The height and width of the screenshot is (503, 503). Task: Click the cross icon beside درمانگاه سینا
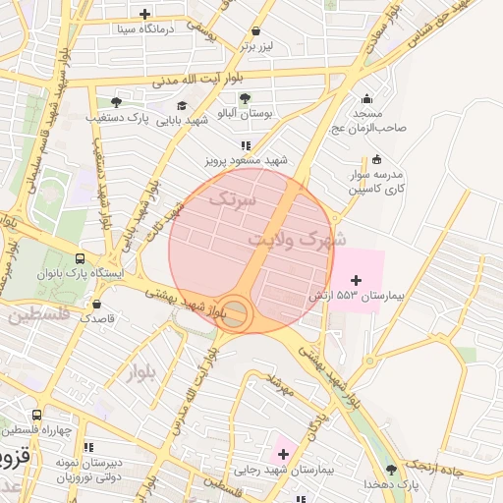(145, 14)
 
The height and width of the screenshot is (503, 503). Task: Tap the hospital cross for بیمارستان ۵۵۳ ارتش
(356, 281)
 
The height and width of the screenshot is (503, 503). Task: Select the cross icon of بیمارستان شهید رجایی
(284, 453)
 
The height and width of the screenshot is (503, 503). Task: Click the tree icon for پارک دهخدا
(392, 470)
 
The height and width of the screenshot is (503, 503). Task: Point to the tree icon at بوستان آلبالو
(245, 97)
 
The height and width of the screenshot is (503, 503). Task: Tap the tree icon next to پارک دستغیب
(116, 101)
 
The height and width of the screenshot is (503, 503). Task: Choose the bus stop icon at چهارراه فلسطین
(36, 416)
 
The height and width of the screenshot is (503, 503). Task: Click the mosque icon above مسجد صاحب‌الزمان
(366, 98)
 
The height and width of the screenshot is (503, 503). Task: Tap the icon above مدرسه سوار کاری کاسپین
(376, 160)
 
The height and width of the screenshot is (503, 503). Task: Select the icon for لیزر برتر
(256, 30)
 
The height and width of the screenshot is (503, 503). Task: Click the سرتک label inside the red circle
(232, 198)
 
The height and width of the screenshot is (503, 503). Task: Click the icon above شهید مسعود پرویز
(246, 144)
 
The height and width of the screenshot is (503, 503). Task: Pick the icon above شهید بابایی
(182, 106)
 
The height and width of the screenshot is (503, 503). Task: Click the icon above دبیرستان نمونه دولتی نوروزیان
(89, 447)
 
